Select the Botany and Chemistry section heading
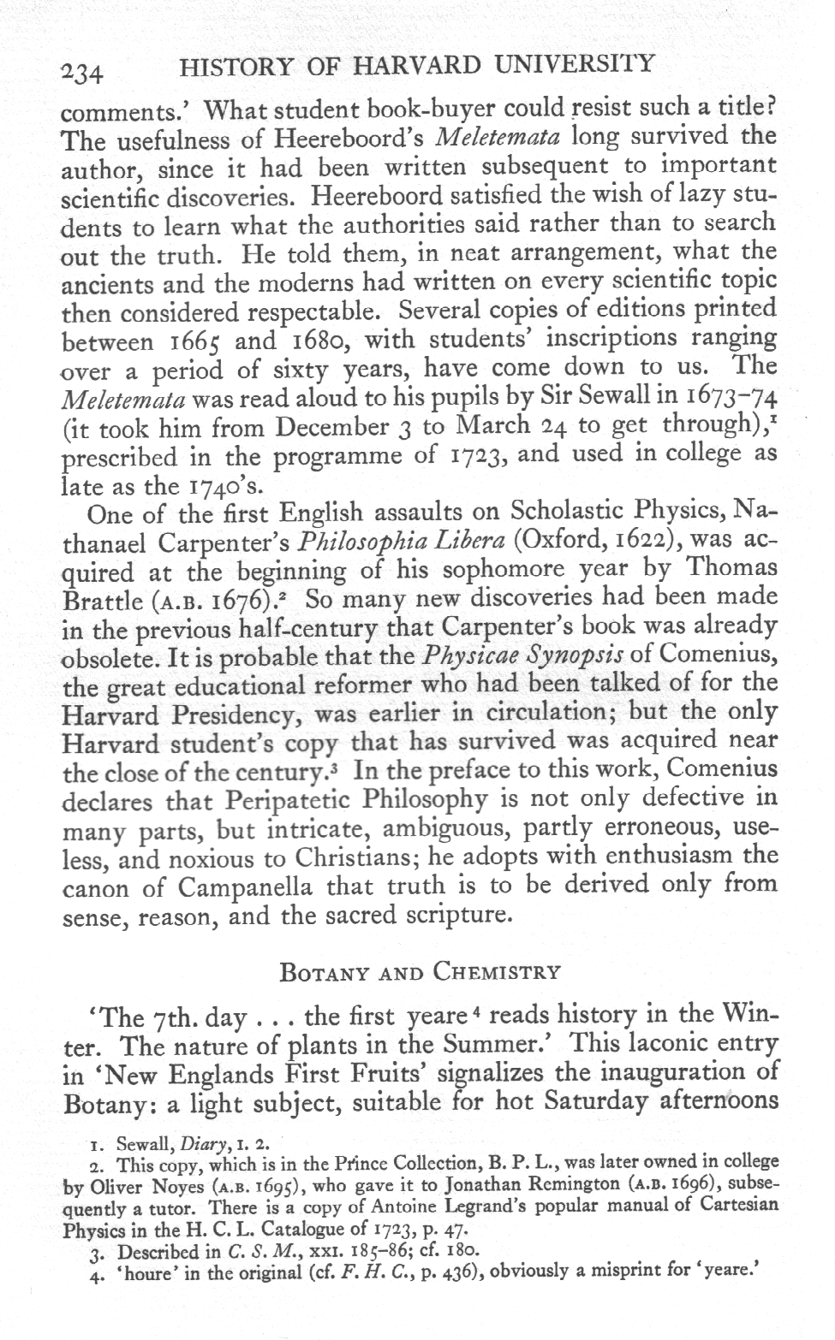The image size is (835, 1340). click(x=420, y=972)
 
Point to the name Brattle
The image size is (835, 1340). click(x=102, y=599)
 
